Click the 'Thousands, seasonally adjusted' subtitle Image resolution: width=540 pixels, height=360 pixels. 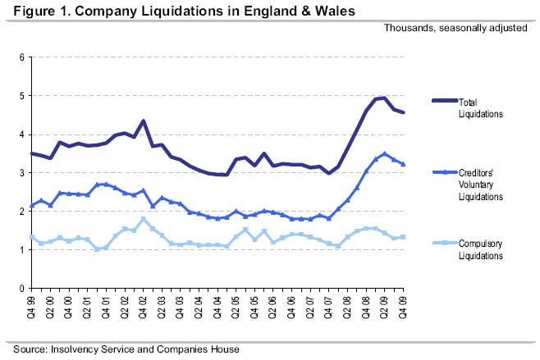[459, 29]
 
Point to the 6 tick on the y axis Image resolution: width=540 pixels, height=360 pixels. [23, 57]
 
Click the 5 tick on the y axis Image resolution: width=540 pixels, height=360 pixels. [23, 96]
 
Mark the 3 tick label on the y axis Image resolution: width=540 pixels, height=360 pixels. [23, 173]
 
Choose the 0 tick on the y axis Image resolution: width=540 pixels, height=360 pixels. [23, 289]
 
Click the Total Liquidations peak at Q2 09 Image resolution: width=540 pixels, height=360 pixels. [384, 98]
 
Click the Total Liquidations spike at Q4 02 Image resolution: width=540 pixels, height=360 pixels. [144, 121]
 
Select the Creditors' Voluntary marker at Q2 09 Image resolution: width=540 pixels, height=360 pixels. [384, 153]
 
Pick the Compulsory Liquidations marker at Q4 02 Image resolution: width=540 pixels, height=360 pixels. [144, 219]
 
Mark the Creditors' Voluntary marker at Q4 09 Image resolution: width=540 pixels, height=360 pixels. [402, 164]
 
